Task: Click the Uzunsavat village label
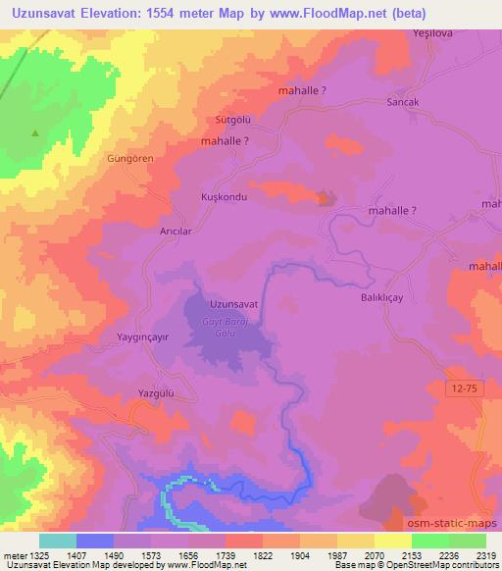tap(233, 304)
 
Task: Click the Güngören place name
tap(131, 156)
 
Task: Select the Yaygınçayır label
tap(143, 337)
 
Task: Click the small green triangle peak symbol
tap(36, 132)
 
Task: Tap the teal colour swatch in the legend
tap(57, 541)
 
